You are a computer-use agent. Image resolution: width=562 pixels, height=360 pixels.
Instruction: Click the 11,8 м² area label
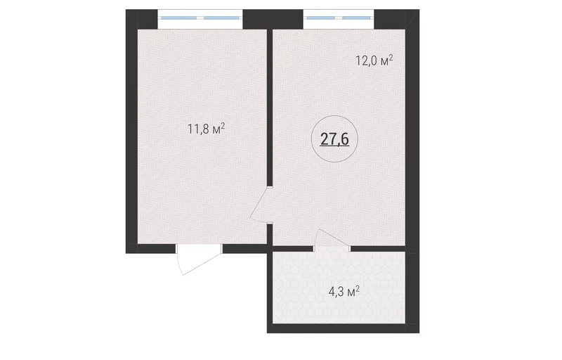206,129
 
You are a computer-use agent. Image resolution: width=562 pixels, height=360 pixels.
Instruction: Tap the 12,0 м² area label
374,60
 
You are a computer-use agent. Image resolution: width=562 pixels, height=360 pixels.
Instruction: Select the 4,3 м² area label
344,292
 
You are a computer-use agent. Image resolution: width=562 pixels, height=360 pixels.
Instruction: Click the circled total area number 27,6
334,139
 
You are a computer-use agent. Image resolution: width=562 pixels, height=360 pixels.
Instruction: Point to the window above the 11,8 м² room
200,18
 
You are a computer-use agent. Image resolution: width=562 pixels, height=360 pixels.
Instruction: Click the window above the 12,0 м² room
339,18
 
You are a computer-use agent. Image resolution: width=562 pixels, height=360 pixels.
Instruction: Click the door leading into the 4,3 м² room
332,239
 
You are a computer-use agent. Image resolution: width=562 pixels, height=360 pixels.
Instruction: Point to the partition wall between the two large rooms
270,108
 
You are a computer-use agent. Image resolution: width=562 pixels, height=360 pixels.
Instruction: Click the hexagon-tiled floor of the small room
339,287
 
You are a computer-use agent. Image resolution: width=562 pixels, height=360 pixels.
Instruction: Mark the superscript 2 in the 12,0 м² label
391,57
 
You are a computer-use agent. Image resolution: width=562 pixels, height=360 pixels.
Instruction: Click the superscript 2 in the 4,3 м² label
357,288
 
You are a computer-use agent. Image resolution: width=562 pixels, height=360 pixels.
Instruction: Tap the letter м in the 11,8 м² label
216,130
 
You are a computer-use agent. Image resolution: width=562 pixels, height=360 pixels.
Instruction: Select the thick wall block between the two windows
273,20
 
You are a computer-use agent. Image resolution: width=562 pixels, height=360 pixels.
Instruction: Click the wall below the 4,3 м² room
343,328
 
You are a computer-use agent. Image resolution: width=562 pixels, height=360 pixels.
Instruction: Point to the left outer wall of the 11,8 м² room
131,131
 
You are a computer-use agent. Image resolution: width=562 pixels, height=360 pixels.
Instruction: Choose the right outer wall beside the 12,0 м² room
412,131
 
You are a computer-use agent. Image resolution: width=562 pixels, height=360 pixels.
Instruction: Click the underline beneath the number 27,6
334,146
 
